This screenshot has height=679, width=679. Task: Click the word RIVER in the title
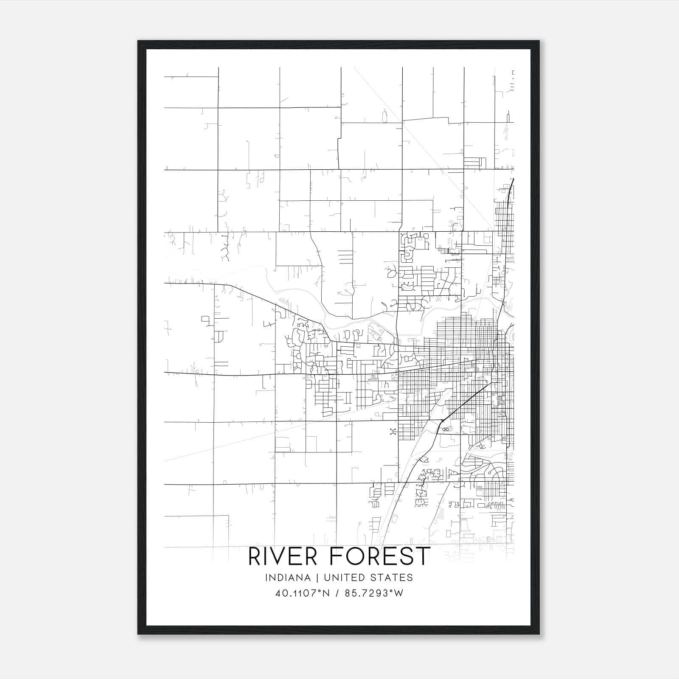click(x=282, y=557)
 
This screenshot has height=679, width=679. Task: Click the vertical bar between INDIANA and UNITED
click(x=324, y=578)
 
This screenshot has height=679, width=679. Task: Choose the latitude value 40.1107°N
click(x=303, y=593)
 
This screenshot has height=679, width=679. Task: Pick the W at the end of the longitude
click(x=398, y=593)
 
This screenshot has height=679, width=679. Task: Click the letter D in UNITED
click(x=366, y=578)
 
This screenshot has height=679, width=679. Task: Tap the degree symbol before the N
click(x=321, y=591)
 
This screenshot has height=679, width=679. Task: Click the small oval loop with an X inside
click(x=445, y=429)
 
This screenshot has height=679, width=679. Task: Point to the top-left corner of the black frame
click(x=138, y=41)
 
